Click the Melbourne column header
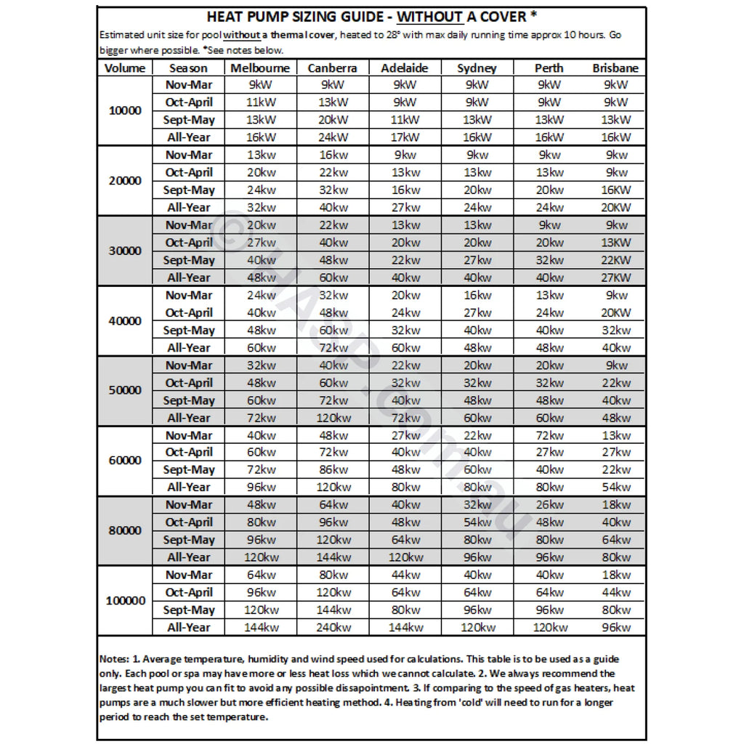pos(260,68)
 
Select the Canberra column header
pos(332,68)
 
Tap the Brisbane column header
pos(615,68)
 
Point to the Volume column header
pos(125,68)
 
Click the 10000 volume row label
pos(125,111)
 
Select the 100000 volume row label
pos(125,602)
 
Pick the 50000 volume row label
pos(125,390)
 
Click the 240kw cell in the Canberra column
pos(332,628)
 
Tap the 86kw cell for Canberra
pos(332,469)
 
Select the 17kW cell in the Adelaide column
pos(405,137)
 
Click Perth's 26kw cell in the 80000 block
pos(549,505)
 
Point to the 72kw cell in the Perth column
pos(549,435)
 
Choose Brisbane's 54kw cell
pos(616,487)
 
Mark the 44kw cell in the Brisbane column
pos(616,592)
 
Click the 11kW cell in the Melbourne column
pos(260,102)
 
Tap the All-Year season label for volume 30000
pos(188,278)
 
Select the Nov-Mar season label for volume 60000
pos(188,435)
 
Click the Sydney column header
pos(477,68)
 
